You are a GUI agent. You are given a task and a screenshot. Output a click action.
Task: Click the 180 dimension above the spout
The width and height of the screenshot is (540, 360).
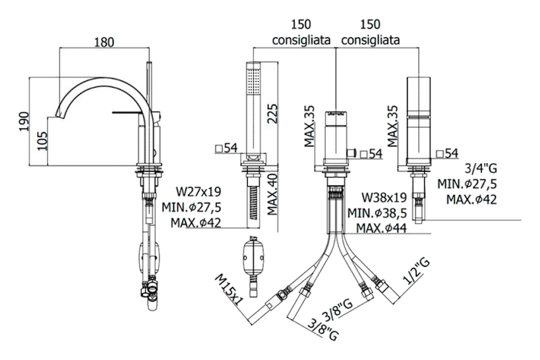104,43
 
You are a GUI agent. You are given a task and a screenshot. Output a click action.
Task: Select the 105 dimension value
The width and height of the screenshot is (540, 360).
40,141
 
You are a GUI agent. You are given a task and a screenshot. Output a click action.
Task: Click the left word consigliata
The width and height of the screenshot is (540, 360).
301,40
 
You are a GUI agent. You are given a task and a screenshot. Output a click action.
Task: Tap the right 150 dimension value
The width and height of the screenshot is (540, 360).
370,25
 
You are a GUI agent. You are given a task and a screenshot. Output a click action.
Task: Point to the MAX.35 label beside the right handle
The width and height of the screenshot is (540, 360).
394,126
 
